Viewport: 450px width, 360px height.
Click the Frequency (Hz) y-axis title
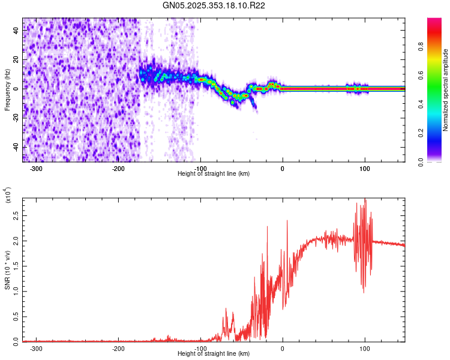[7, 90]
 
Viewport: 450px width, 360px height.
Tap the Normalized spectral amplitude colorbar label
[446, 90]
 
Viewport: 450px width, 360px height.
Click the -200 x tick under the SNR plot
[118, 348]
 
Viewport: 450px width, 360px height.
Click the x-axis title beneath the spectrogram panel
[214, 174]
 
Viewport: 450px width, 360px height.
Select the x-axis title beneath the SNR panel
[214, 353]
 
